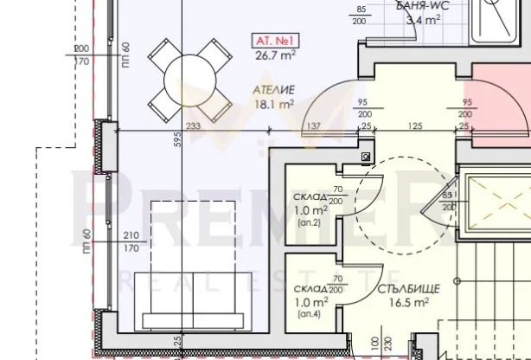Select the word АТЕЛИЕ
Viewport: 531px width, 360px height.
[x=274, y=90]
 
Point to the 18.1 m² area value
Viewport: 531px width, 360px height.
[x=274, y=105]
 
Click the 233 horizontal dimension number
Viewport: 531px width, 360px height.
[x=193, y=126]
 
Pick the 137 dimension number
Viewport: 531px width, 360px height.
[x=314, y=126]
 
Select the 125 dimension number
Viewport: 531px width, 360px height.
[x=416, y=126]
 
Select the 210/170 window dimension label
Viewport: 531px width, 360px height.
[x=131, y=242]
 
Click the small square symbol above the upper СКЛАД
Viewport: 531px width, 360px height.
[x=366, y=157]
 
